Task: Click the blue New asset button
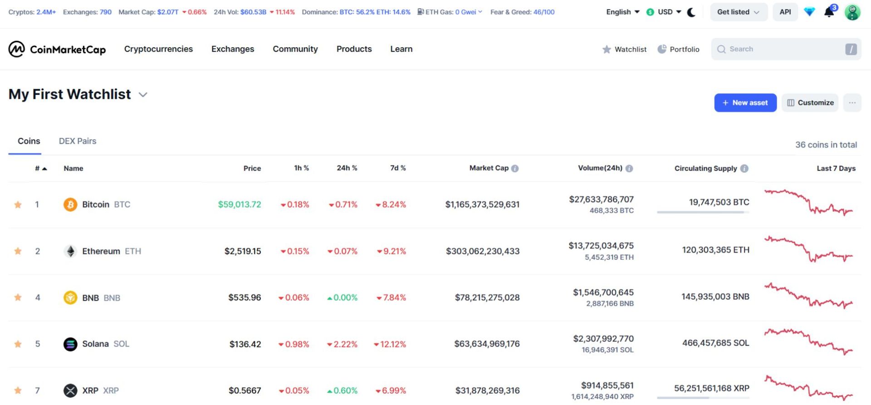coord(745,102)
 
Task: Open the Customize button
coord(810,102)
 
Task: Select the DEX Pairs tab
coord(78,141)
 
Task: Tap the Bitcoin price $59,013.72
coord(240,205)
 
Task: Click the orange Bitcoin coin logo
coord(70,205)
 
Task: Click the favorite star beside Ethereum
coord(18,251)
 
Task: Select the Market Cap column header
coord(489,168)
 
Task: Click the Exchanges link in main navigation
coord(233,49)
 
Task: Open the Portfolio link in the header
coord(679,49)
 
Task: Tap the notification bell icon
coord(829,12)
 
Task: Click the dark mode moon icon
coord(691,12)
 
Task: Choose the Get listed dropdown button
coord(738,12)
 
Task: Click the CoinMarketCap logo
coord(57,49)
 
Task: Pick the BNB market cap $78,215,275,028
coord(487,298)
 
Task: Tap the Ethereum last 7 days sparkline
coord(808,249)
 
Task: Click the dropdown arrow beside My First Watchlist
coord(143,94)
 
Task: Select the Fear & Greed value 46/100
coord(544,12)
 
